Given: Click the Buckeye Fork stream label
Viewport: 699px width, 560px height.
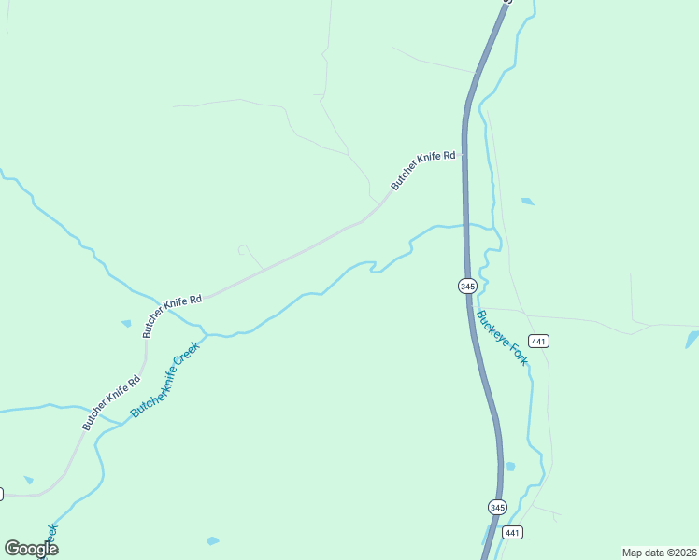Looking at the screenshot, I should tap(502, 337).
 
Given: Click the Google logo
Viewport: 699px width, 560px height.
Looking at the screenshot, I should tap(31, 549).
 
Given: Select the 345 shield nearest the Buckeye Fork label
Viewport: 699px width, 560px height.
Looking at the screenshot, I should tap(468, 286).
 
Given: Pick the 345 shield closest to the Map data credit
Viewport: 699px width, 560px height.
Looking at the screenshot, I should tap(497, 507).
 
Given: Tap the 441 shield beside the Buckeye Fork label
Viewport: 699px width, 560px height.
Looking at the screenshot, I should tap(537, 341).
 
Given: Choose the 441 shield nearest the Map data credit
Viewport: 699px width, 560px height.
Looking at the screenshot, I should tap(511, 532).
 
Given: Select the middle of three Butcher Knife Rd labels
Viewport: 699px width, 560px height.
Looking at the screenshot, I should tap(172, 315).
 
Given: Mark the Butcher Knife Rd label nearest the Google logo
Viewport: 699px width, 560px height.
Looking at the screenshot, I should tap(110, 401).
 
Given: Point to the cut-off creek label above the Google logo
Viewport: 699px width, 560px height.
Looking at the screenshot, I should tap(50, 538).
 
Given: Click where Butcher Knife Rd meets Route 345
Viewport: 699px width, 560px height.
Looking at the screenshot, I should tap(464, 157).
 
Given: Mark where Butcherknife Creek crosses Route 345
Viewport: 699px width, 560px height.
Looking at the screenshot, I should tap(465, 225).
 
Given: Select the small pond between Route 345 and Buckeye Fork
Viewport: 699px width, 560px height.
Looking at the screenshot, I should tap(509, 466).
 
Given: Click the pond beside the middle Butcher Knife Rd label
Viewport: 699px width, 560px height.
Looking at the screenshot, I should tap(126, 324).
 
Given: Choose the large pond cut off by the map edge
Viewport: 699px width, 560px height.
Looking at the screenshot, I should tap(692, 340).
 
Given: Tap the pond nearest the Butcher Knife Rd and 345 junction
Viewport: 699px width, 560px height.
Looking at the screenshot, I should tap(528, 201).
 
